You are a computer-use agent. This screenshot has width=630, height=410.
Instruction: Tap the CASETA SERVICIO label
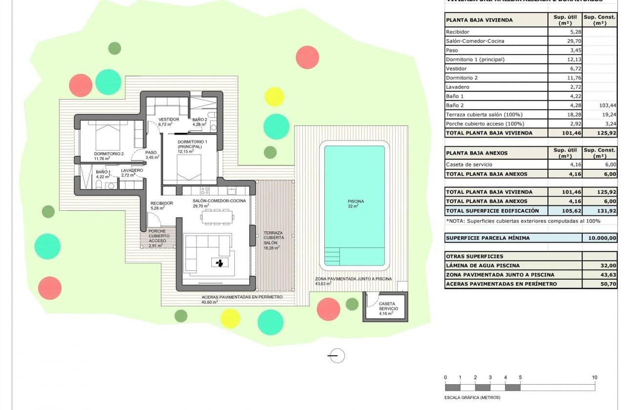[x=388, y=306]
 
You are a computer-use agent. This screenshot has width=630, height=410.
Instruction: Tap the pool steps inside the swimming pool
[x=332, y=256]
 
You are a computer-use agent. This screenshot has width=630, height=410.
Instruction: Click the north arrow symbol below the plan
[x=336, y=356]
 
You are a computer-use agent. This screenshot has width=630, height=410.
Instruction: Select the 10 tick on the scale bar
[x=594, y=377]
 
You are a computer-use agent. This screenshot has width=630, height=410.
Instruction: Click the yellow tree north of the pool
[x=274, y=97]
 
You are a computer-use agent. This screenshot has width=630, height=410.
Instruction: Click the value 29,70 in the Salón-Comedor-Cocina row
[x=565, y=41]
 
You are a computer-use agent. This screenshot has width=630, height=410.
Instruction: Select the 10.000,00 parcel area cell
[x=599, y=238]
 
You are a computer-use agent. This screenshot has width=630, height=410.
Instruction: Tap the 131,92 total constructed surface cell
[x=599, y=211]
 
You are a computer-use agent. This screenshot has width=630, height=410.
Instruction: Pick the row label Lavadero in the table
[x=456, y=87]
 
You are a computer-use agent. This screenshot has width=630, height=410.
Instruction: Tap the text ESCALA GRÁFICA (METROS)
[x=472, y=397]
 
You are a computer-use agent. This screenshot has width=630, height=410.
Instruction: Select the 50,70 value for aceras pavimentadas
[x=599, y=284]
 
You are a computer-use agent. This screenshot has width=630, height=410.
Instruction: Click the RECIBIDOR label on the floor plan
[x=161, y=203]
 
